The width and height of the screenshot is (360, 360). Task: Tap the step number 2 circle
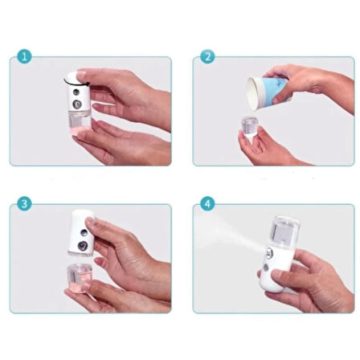(208, 56)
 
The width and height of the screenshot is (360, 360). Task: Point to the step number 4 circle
(208, 204)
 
